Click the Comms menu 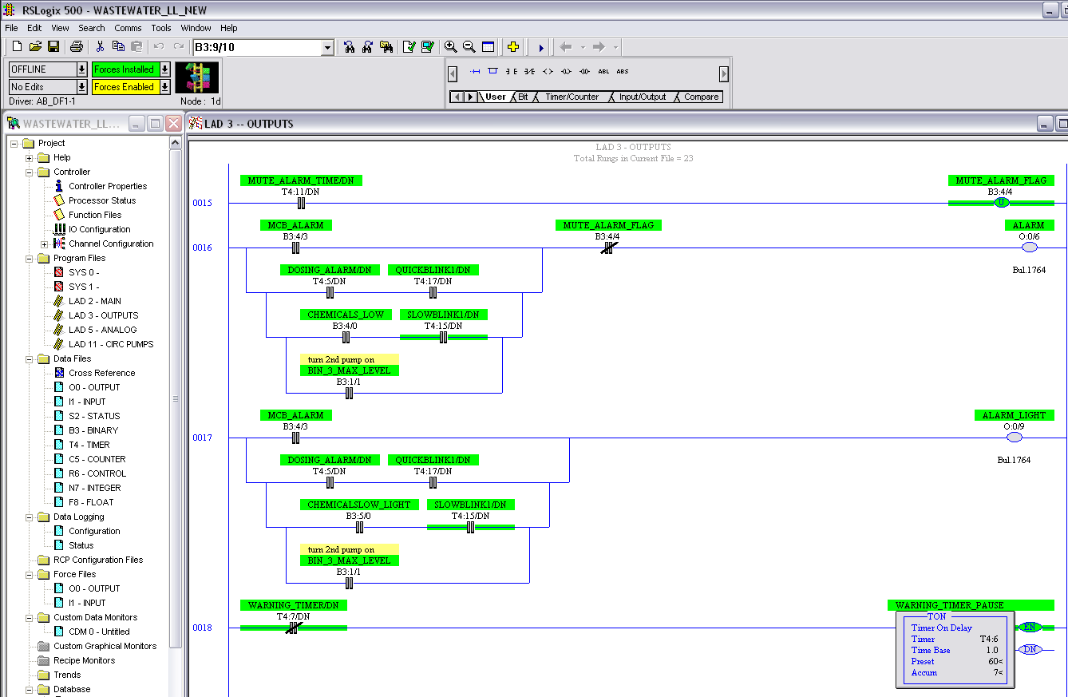[128, 28]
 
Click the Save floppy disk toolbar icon [53, 47]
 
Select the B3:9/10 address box [258, 47]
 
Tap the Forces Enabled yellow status [124, 87]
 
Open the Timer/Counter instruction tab [572, 97]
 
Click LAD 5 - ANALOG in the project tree [102, 330]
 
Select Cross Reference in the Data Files [101, 373]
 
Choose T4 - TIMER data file [89, 445]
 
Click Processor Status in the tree [102, 200]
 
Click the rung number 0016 [202, 248]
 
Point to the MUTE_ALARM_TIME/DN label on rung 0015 [301, 180]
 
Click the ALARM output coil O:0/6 [1030, 248]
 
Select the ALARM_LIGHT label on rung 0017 [1014, 415]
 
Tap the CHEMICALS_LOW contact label [346, 315]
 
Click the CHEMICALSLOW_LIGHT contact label [359, 505]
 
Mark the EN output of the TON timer [1030, 628]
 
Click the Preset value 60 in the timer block [995, 662]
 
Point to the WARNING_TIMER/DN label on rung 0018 [293, 605]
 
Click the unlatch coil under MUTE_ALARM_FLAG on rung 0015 [1001, 203]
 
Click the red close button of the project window [173, 124]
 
